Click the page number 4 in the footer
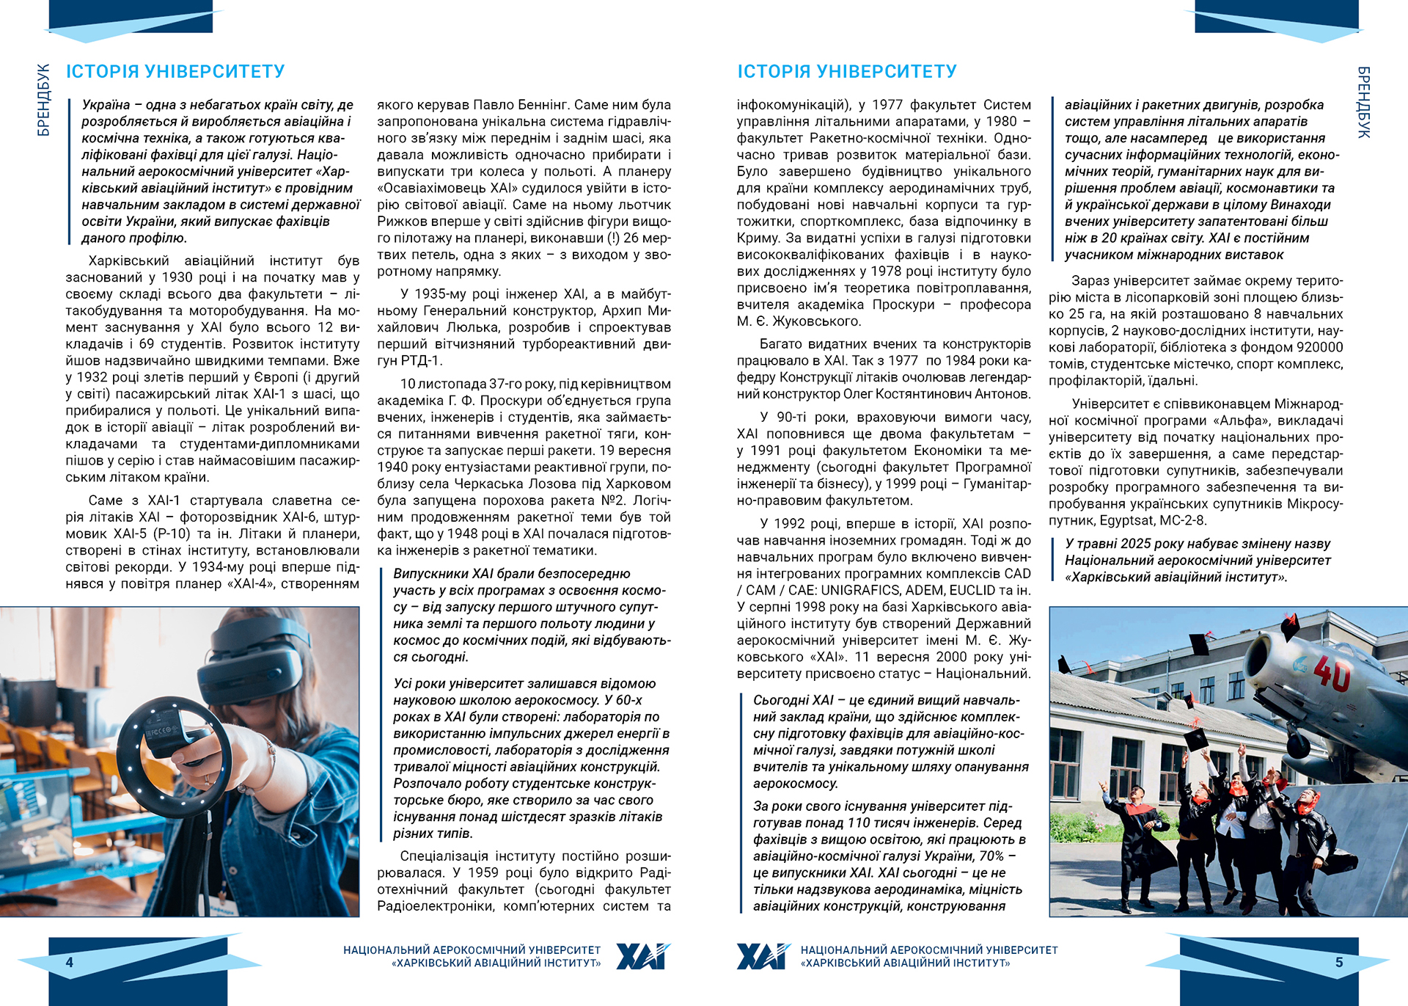[70, 962]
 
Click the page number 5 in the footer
[1339, 962]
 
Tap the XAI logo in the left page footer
[643, 956]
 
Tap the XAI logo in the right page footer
[763, 956]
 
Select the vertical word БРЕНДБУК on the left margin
[44, 100]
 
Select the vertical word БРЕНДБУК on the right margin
[1363, 102]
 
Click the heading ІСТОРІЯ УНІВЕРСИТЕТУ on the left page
[175, 71]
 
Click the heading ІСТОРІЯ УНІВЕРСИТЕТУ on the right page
[847, 71]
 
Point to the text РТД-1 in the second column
[422, 361]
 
